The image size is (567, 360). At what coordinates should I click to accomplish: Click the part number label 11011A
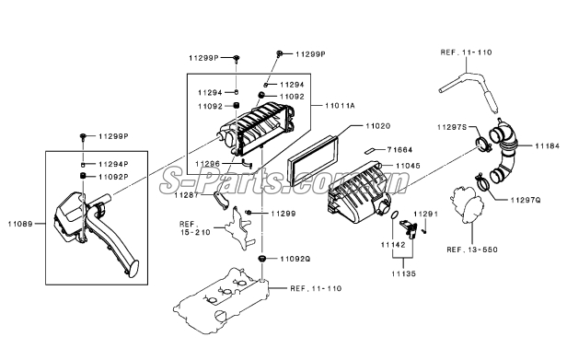(x=341, y=107)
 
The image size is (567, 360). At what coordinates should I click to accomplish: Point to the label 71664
(x=399, y=148)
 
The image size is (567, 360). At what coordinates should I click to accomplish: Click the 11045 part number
(x=408, y=166)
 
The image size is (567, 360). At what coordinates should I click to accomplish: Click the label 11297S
(x=452, y=125)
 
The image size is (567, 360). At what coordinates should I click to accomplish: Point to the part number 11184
(x=548, y=145)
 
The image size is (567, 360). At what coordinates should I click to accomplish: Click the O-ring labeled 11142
(x=394, y=217)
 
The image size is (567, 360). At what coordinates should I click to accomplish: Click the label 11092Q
(x=295, y=260)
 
